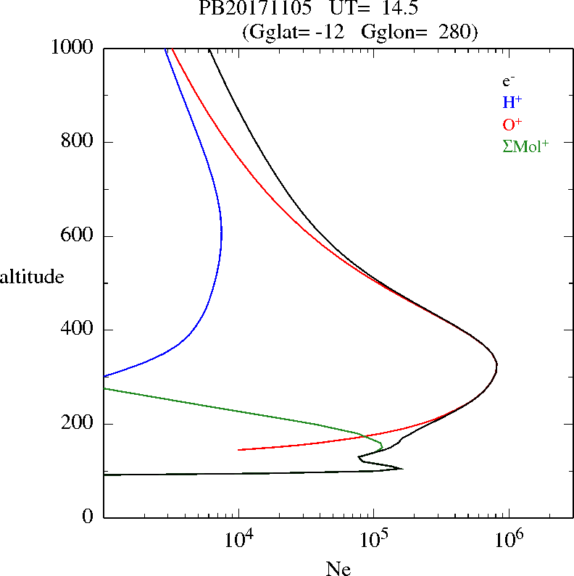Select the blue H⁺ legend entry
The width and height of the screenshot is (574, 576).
click(x=512, y=102)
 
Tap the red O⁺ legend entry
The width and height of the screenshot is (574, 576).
click(x=513, y=124)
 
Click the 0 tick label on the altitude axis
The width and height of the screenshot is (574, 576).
click(x=89, y=517)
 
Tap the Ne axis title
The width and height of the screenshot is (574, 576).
click(x=338, y=569)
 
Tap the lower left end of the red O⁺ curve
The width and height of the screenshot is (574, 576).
click(x=239, y=450)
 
